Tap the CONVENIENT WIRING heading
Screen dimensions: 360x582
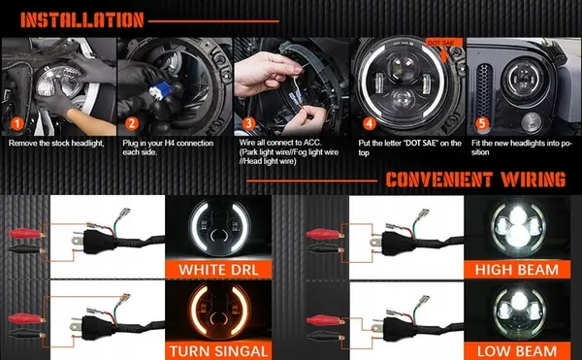coord(474,180)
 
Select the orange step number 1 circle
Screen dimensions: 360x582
coord(16,124)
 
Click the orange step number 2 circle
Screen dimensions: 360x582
coord(132,124)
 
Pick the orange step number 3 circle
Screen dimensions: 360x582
coord(248,124)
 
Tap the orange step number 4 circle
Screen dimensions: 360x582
coord(368,124)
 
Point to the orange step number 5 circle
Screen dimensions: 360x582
coord(483,124)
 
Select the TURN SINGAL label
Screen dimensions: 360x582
coord(220,350)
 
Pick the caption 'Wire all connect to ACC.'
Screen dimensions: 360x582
coord(283,143)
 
